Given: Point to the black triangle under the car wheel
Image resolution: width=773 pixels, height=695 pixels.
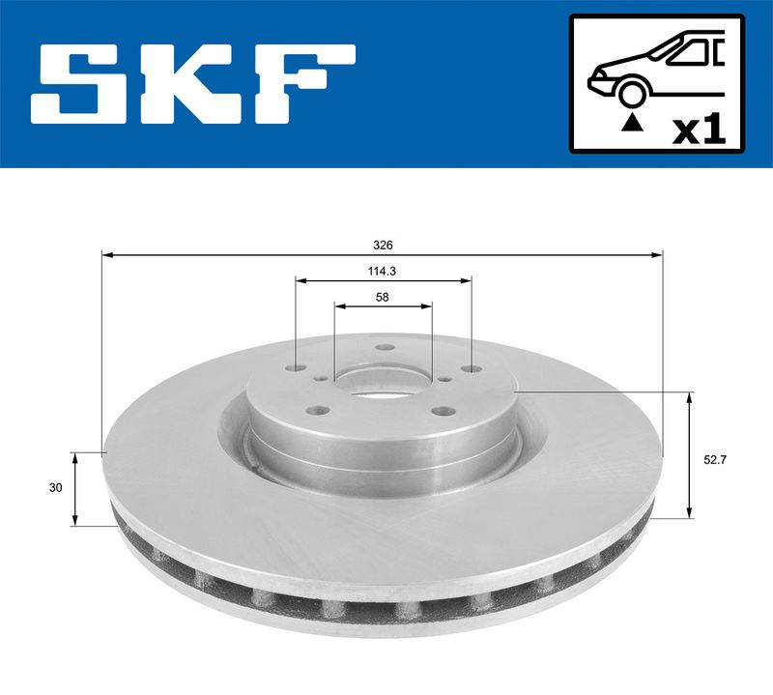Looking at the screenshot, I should (632, 122).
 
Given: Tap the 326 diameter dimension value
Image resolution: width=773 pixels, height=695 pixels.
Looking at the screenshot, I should (384, 246).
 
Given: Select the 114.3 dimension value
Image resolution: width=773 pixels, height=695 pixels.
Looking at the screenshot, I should (384, 272).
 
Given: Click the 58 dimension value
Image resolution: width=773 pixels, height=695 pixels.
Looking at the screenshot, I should (383, 298).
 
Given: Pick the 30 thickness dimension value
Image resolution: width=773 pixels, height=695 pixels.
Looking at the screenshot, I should (56, 488).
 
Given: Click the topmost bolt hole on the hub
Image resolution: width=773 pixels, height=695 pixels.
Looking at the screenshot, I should (384, 349).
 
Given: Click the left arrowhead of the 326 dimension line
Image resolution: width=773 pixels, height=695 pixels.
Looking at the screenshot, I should (107, 255).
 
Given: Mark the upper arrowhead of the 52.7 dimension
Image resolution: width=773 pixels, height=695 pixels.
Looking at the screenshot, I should (690, 397).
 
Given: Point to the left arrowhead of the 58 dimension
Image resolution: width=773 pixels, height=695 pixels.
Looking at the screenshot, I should (339, 305).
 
